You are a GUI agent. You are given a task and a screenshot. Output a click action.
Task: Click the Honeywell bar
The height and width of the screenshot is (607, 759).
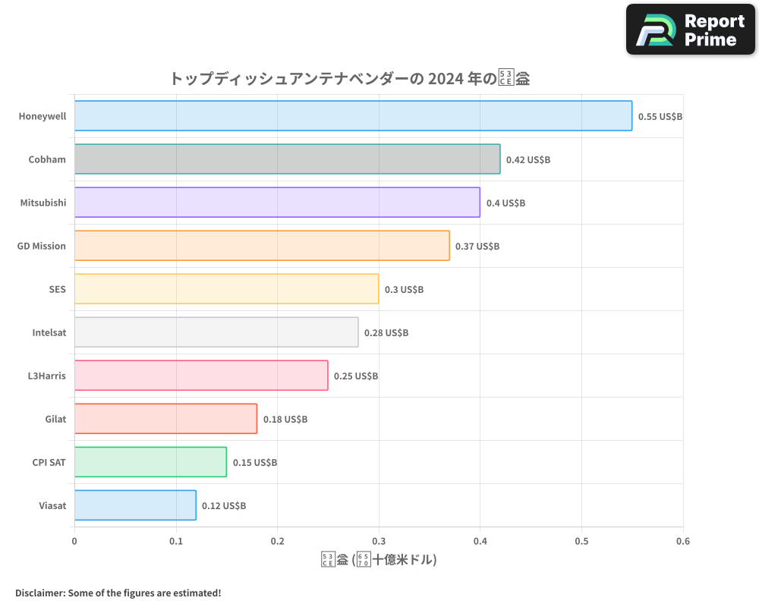[x=353, y=115]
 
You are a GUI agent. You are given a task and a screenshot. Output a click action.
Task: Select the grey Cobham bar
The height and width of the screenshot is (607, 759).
[x=287, y=159]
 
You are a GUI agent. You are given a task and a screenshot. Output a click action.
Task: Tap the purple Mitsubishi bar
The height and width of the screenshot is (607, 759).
[x=277, y=202]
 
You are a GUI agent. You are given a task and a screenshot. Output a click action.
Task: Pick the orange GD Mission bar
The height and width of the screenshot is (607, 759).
[x=262, y=245]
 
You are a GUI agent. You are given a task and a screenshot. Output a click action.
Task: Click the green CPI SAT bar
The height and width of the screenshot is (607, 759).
[x=150, y=461]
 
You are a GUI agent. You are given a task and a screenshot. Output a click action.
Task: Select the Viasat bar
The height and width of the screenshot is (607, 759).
[x=135, y=505]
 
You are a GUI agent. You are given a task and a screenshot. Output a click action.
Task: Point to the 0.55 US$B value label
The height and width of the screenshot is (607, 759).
[x=660, y=117]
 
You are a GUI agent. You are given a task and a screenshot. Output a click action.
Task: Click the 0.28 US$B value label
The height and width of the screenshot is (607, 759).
[x=386, y=333]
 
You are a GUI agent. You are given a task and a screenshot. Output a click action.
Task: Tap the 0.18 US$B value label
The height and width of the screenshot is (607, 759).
[x=285, y=420]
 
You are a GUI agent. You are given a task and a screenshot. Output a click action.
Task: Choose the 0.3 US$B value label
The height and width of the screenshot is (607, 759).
[x=404, y=290]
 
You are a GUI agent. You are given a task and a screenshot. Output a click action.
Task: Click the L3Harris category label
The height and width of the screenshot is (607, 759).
[x=46, y=376]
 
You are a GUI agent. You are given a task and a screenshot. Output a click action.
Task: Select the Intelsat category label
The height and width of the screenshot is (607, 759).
[x=49, y=332]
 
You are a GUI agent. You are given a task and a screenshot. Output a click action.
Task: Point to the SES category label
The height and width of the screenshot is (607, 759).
[x=57, y=289]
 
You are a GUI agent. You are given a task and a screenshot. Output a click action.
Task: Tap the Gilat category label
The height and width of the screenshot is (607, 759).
[x=55, y=419]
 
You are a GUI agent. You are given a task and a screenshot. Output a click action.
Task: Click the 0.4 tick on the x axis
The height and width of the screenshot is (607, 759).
[x=480, y=542]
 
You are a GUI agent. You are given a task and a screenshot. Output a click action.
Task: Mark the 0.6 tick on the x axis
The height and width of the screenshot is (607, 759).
[x=682, y=542]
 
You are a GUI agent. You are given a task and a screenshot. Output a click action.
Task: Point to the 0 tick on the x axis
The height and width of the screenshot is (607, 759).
[x=74, y=542]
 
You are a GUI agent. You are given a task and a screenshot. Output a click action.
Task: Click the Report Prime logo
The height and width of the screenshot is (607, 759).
[x=691, y=30]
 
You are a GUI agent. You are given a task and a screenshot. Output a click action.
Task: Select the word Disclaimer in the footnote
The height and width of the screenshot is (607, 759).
[x=39, y=593]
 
